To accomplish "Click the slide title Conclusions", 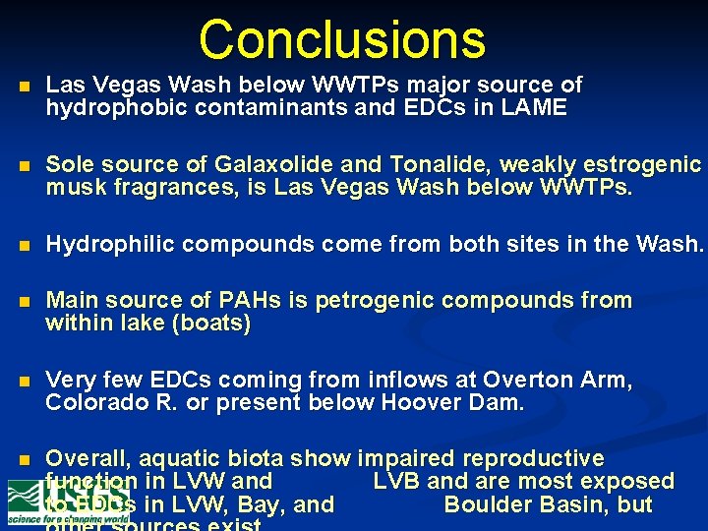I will point(342,39).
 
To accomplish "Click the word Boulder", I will point(497,505).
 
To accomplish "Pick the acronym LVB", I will point(396,482).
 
